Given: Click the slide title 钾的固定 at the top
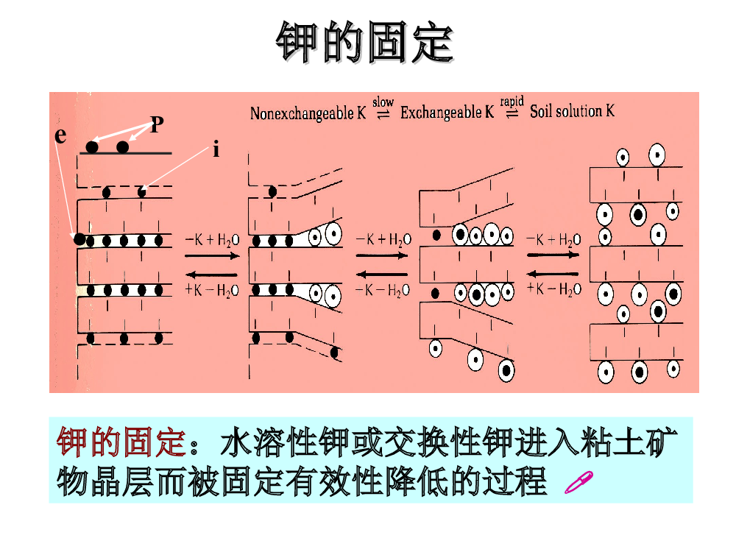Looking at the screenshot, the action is click(365, 42).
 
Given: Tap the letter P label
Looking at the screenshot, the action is click(157, 124).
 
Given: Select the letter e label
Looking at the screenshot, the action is click(60, 135).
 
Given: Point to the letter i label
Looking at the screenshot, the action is click(216, 149).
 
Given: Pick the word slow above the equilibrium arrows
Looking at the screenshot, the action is click(383, 102).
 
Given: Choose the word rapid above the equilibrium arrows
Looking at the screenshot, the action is click(512, 102).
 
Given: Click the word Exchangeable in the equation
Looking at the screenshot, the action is click(441, 112).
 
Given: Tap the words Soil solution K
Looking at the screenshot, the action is click(572, 111).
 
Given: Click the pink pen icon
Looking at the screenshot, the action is click(578, 483).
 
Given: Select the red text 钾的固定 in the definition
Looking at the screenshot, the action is click(121, 442).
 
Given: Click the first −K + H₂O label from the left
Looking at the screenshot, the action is click(212, 241).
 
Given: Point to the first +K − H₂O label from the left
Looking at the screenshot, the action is click(212, 291).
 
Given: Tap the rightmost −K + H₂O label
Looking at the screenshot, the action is click(553, 240).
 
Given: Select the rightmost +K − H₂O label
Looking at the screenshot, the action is click(554, 289).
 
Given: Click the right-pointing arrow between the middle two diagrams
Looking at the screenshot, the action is click(381, 256).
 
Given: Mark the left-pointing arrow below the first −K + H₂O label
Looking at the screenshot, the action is click(212, 275).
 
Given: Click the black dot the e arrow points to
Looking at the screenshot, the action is click(79, 239).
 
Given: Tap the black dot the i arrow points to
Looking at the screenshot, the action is click(141, 191).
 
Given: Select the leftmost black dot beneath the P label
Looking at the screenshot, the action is click(92, 147).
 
